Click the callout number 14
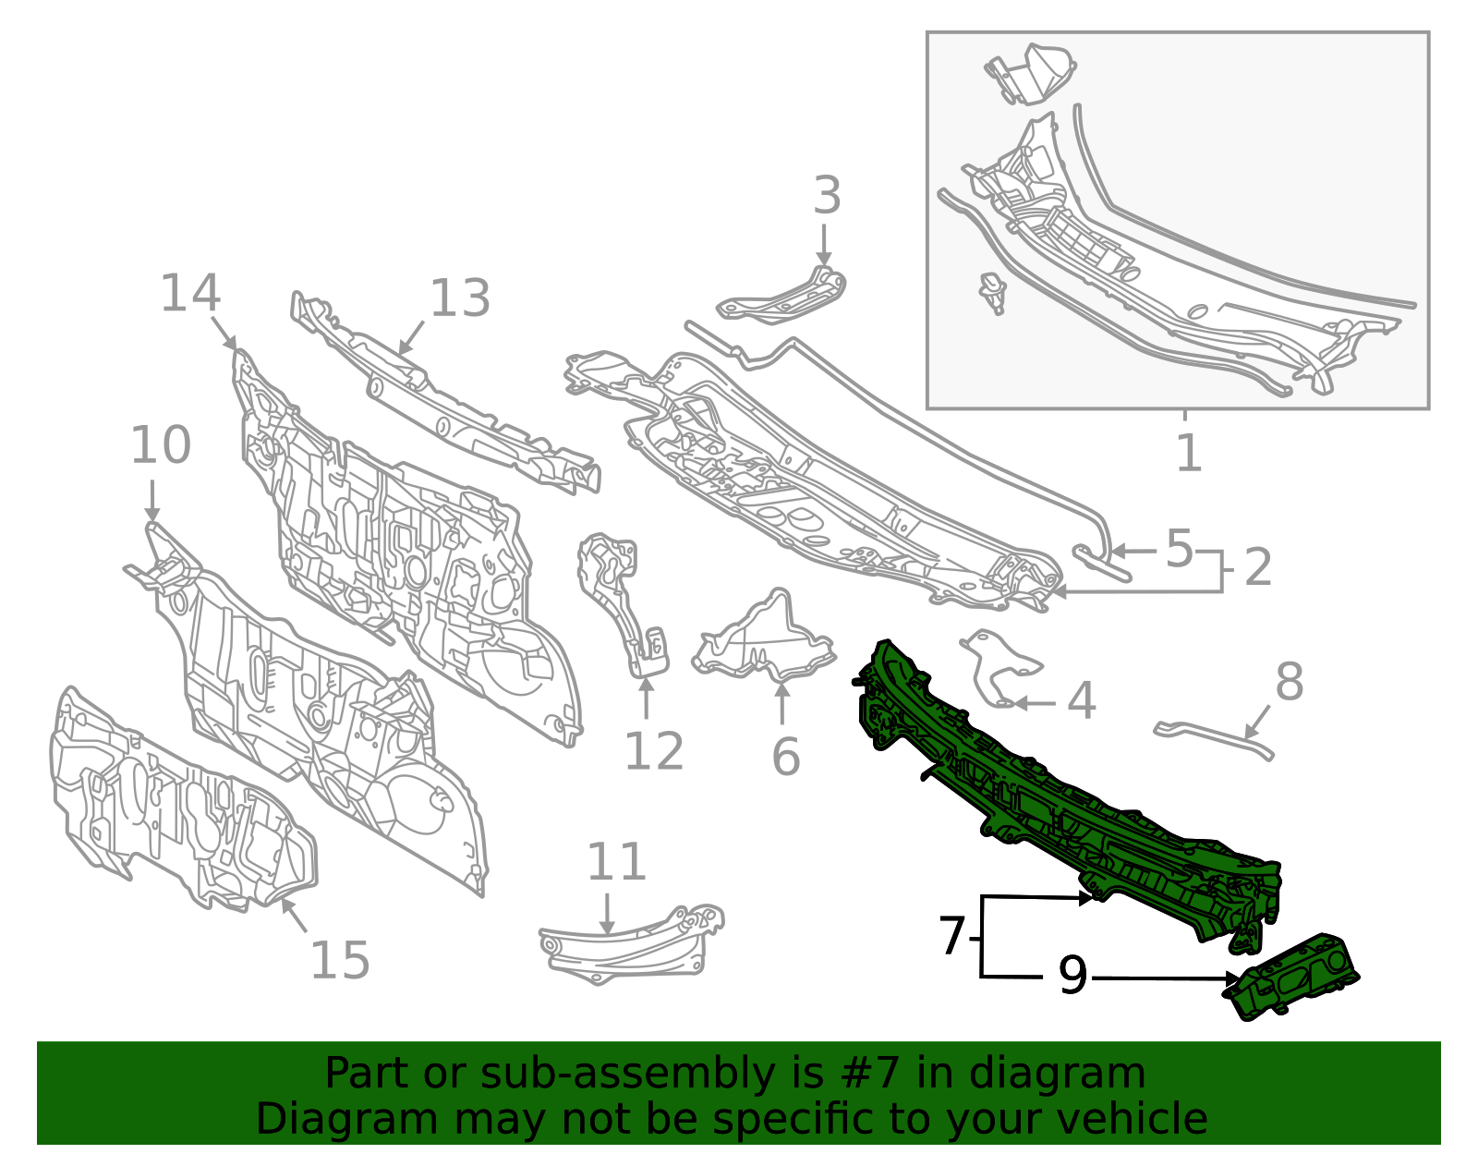click(189, 293)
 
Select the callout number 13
click(460, 298)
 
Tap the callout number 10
click(161, 445)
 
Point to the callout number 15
click(339, 960)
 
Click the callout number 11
click(616, 862)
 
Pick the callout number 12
click(654, 751)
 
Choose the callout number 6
click(786, 756)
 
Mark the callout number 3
click(827, 195)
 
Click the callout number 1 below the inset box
click(1189, 453)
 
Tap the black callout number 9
click(1072, 976)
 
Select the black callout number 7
click(952, 936)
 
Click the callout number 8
click(1290, 681)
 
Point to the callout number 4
click(1082, 701)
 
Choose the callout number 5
click(1180, 549)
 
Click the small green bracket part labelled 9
click(1290, 978)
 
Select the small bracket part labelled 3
click(782, 298)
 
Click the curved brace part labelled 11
click(631, 944)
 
